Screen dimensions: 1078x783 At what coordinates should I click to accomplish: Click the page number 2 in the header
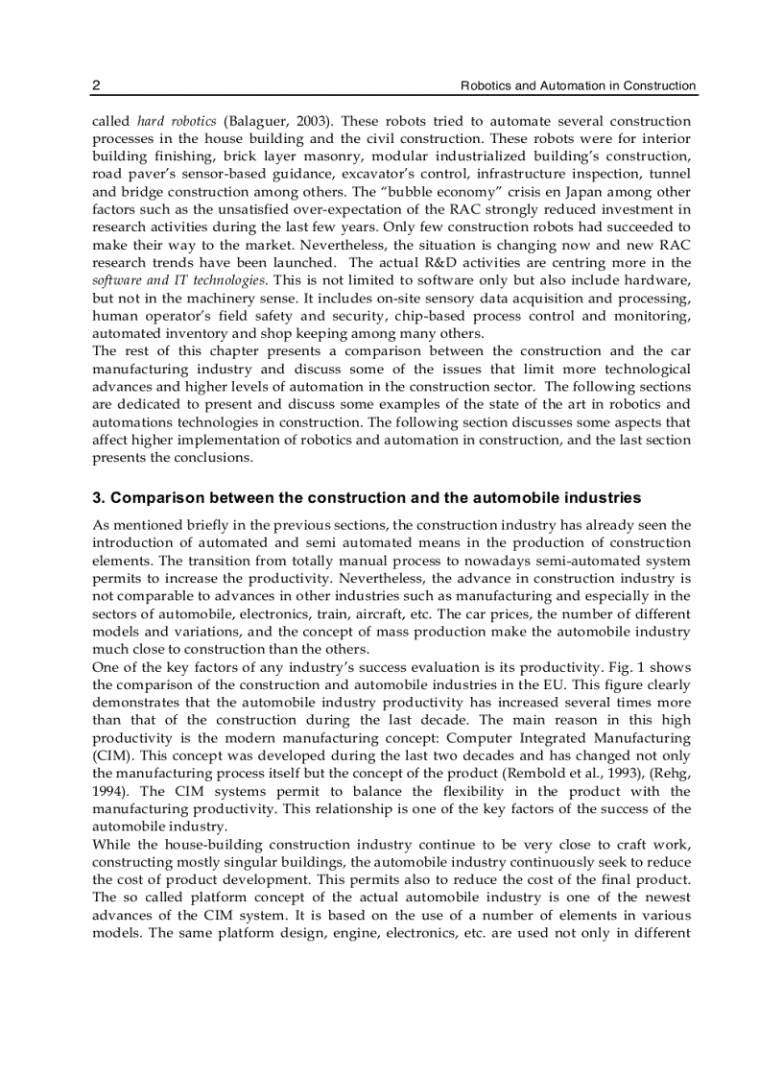pyautogui.click(x=96, y=85)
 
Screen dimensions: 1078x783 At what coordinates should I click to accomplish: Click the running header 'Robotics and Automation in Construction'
pyautogui.click(x=578, y=85)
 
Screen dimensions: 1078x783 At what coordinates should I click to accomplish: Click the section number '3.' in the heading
pyautogui.click(x=98, y=498)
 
